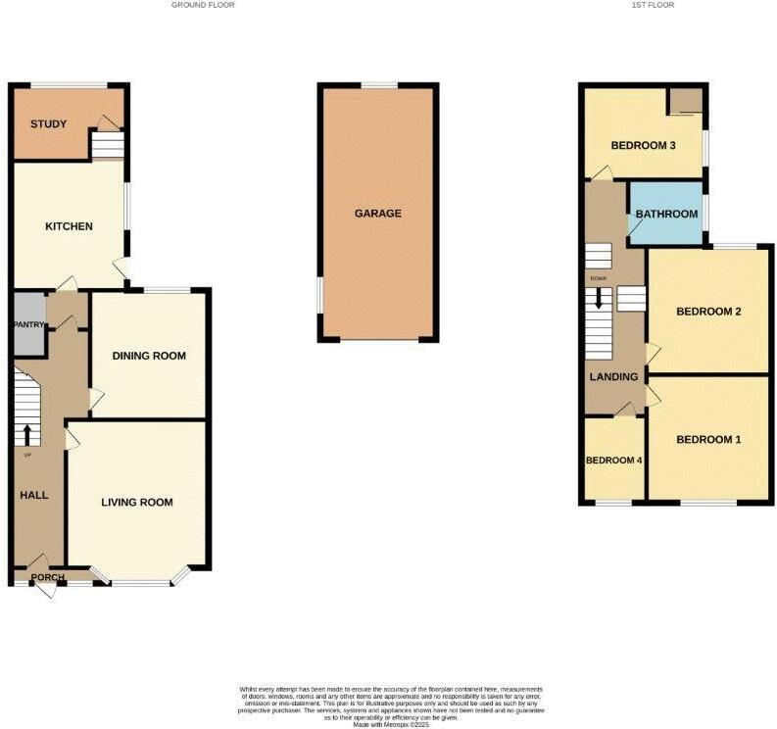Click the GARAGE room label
[x=378, y=214]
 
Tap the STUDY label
[x=48, y=124]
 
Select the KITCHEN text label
[x=70, y=226]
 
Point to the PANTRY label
[x=28, y=325]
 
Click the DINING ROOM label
[x=149, y=356]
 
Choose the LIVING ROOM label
[x=137, y=503]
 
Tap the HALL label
[x=34, y=495]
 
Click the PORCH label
[x=48, y=577]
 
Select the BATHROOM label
[x=666, y=215]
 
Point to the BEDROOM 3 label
[x=644, y=146]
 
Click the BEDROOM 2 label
[x=708, y=312]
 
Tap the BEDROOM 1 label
[x=708, y=440]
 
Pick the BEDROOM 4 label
[x=613, y=460]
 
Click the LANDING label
[x=613, y=376]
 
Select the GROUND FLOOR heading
[x=203, y=5]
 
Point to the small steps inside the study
[x=108, y=146]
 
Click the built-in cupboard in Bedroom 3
[x=687, y=101]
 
